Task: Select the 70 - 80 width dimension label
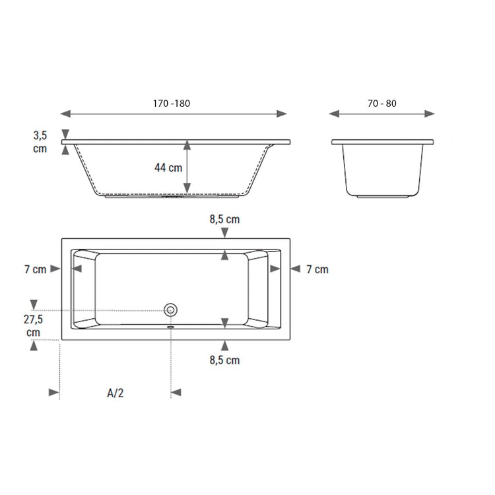click(383, 103)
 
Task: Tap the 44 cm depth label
click(168, 168)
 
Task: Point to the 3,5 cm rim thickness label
click(40, 141)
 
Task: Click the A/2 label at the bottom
click(115, 393)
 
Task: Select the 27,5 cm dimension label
click(33, 325)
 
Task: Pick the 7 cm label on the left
click(35, 269)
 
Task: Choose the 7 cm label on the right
click(317, 269)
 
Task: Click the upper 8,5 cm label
click(224, 219)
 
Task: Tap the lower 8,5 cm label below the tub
click(224, 360)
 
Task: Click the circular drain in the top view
click(171, 309)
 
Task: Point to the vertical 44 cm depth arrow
click(188, 168)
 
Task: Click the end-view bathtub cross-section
click(383, 168)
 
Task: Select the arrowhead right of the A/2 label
click(176, 393)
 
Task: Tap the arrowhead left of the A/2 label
click(54, 393)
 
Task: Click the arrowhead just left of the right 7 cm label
click(295, 269)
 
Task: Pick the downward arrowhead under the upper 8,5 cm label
click(225, 232)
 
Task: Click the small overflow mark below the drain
click(171, 325)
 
